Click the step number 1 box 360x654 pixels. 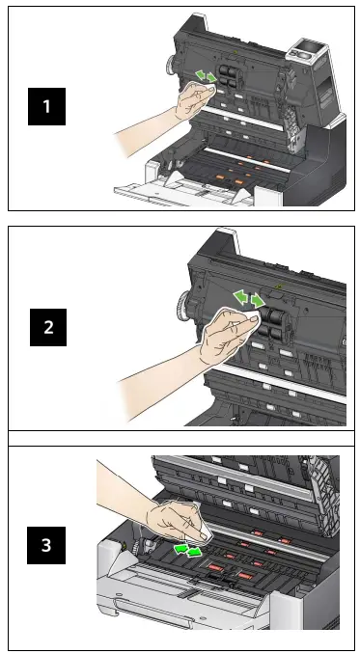click(x=46, y=106)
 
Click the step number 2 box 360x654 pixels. click(x=48, y=327)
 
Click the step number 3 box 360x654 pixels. click(x=46, y=545)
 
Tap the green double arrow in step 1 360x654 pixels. click(x=207, y=76)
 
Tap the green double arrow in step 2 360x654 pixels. click(x=249, y=298)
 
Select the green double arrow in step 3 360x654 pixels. click(x=187, y=550)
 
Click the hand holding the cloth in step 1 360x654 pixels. click(x=194, y=99)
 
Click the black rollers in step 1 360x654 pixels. click(x=228, y=75)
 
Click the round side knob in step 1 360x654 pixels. click(x=171, y=66)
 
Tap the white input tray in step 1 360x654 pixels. click(x=183, y=192)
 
